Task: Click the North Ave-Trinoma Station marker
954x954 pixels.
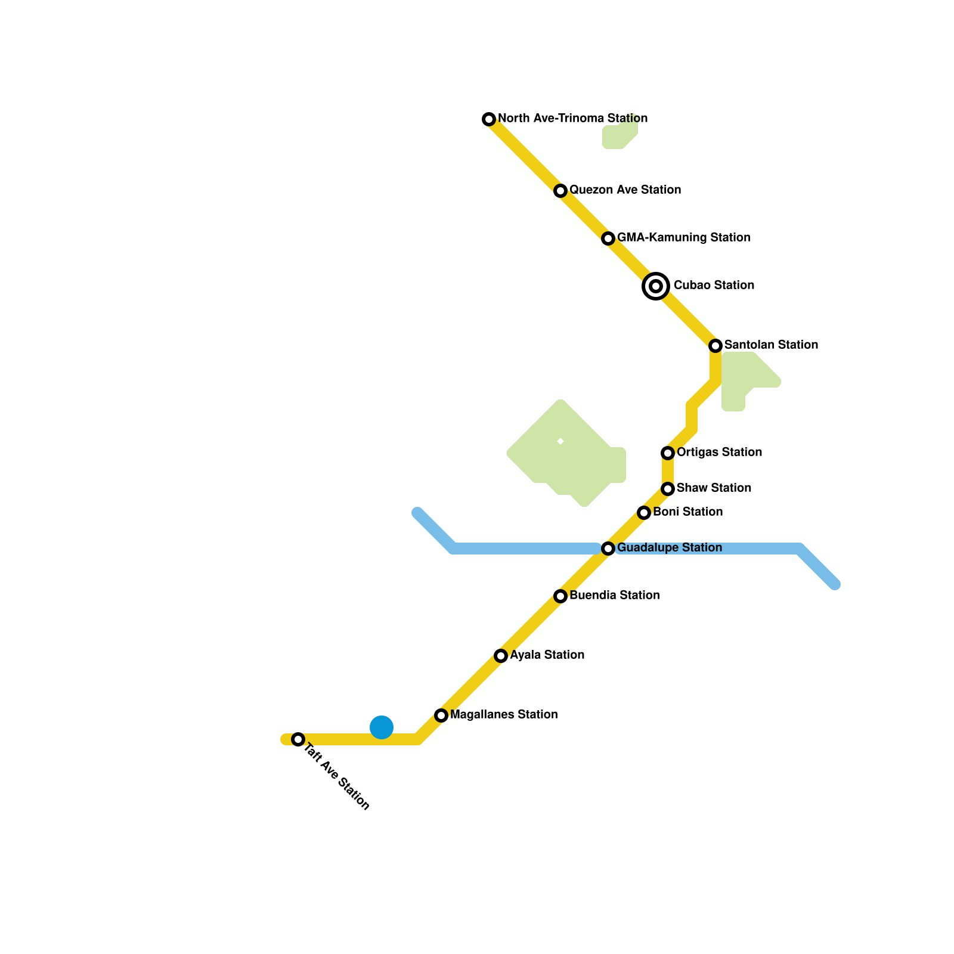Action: (x=489, y=119)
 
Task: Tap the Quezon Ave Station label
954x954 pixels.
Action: (x=625, y=190)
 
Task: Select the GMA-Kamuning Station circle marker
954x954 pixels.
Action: (x=608, y=238)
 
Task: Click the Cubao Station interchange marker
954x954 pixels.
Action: (x=656, y=286)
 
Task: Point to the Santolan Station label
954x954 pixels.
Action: (x=771, y=345)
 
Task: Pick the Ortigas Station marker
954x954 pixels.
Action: (x=668, y=453)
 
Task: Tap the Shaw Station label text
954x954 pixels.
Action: (x=714, y=488)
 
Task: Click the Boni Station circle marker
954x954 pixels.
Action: (x=644, y=513)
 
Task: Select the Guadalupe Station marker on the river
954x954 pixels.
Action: (x=608, y=549)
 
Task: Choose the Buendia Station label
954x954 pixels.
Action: (x=614, y=596)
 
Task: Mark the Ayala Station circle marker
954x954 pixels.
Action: (x=501, y=656)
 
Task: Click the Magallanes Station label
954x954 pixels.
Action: (x=504, y=715)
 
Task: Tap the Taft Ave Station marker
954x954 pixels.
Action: (x=298, y=739)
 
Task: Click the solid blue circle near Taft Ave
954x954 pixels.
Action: (x=382, y=727)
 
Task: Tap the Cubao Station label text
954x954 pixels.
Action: (x=714, y=286)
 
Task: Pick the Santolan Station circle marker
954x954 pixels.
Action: (x=715, y=346)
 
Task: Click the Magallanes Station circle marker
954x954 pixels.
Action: (x=441, y=715)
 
